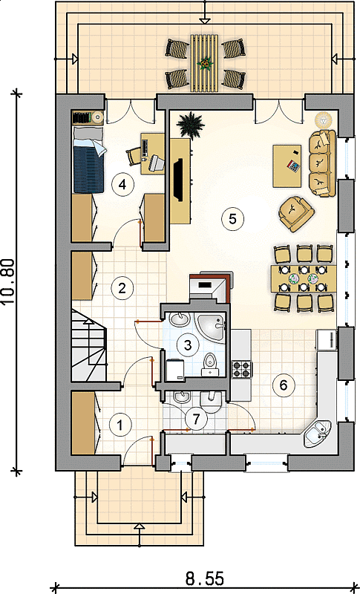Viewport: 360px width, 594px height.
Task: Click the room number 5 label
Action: tap(233, 219)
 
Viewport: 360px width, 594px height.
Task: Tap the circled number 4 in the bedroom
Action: tap(122, 184)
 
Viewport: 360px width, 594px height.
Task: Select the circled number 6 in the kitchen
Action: tap(283, 385)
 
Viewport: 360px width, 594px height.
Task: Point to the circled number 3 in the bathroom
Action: tap(187, 345)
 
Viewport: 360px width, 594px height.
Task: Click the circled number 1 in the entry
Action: tap(120, 425)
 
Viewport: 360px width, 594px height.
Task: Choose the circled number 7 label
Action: tap(196, 419)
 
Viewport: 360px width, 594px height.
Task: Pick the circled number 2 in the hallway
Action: tap(122, 288)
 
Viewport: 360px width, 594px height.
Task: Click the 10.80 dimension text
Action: tap(8, 281)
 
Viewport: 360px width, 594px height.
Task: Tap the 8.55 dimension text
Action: tap(205, 579)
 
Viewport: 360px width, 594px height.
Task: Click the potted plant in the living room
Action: tap(191, 125)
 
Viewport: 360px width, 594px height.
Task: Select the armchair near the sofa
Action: tap(296, 213)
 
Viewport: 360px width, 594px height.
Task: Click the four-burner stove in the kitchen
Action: tap(242, 369)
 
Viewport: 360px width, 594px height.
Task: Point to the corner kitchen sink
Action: tap(317, 433)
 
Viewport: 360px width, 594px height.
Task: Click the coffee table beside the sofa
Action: tap(287, 166)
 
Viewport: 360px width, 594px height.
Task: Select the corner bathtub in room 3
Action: tap(211, 327)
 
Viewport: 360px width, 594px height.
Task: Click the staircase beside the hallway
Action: tap(89, 345)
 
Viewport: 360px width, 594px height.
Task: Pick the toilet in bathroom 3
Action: tap(209, 364)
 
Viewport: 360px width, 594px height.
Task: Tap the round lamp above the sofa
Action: tap(324, 120)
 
